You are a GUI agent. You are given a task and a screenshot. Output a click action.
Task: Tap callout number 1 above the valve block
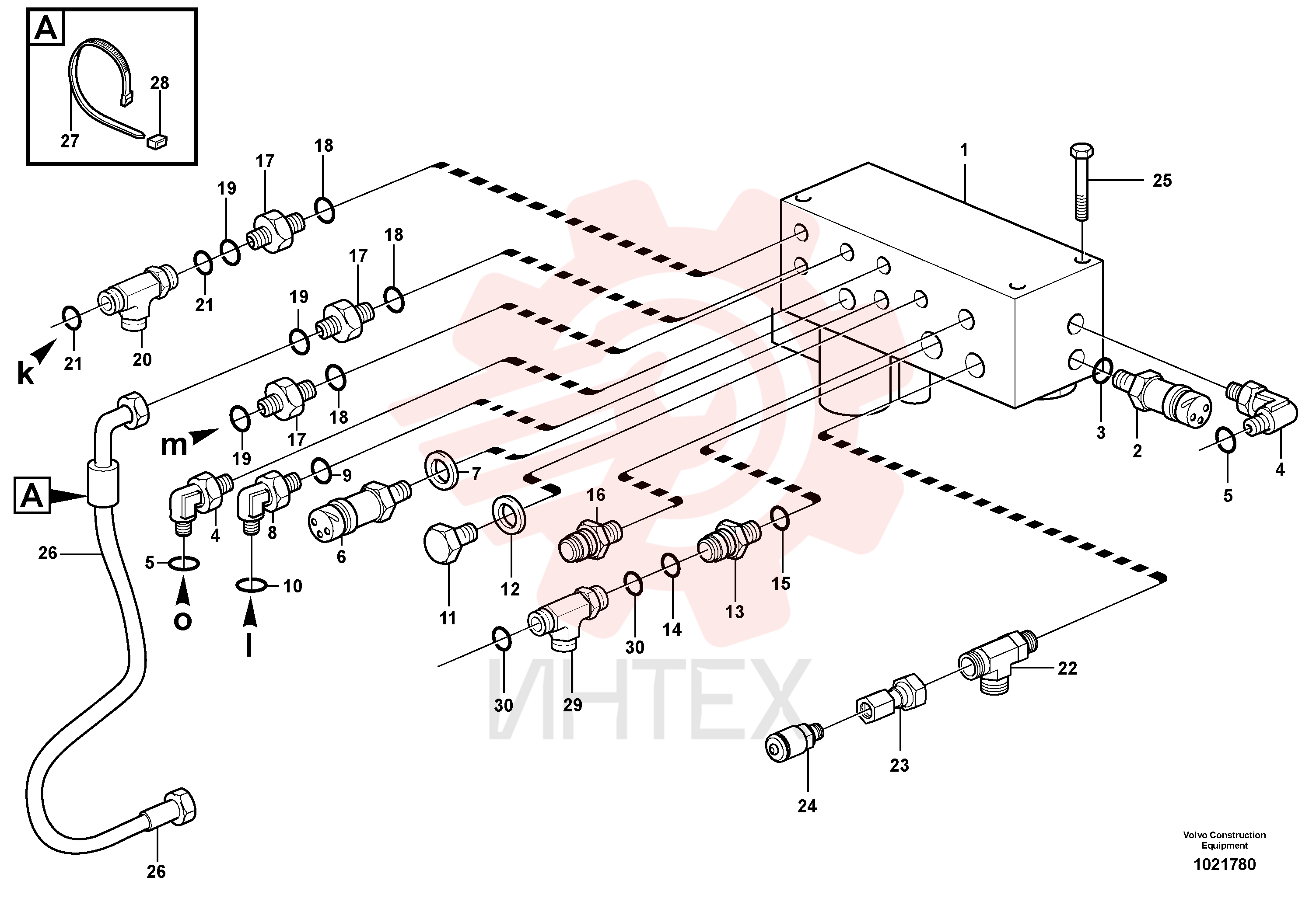[x=963, y=151]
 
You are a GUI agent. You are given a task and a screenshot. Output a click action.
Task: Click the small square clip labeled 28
[x=157, y=140]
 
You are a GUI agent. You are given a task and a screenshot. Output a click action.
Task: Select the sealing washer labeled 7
[x=442, y=470]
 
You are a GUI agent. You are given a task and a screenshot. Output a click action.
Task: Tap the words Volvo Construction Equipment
[x=1224, y=840]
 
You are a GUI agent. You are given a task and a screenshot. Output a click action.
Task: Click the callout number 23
[x=899, y=766]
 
